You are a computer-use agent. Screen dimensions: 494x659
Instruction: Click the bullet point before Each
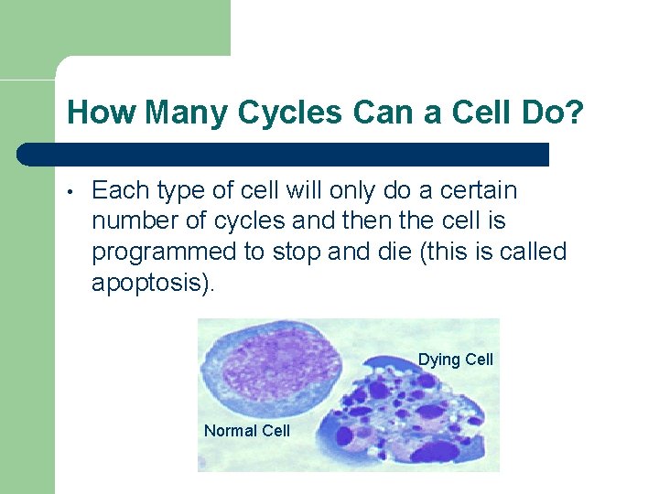click(x=70, y=192)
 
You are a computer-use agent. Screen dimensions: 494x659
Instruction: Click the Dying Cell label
click(x=455, y=360)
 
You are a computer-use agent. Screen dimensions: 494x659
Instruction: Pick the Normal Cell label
click(x=246, y=431)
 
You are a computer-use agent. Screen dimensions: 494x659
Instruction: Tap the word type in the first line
click(x=186, y=191)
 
